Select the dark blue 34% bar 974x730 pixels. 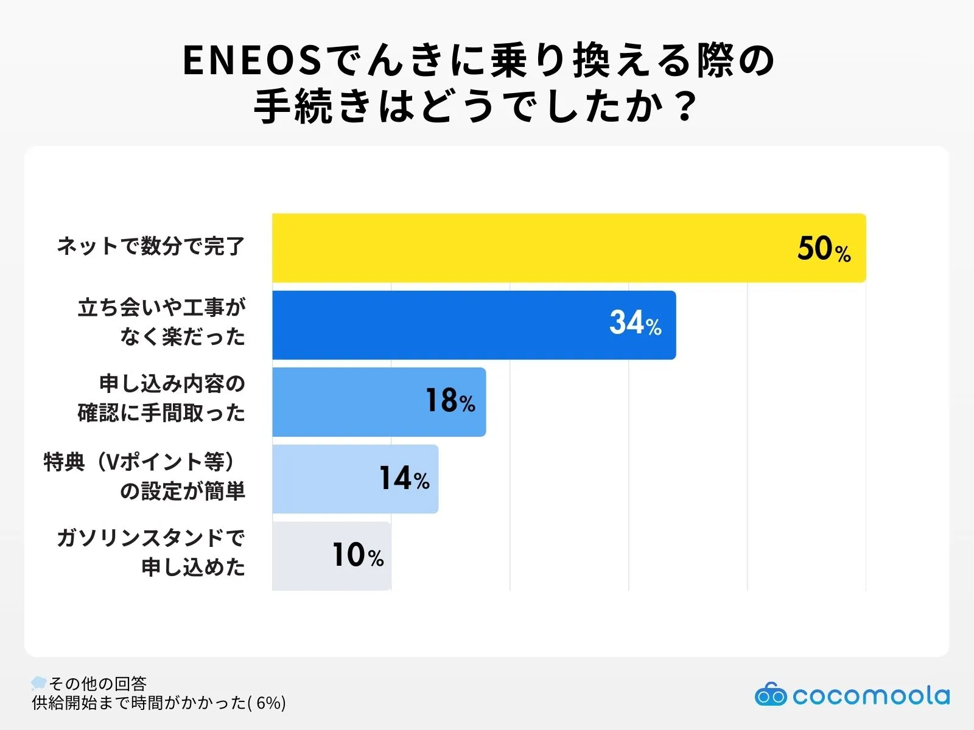coord(438,325)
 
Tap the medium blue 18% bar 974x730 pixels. coord(347,402)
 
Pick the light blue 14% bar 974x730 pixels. coord(323,479)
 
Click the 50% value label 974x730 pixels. coord(824,249)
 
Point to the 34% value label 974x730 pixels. coord(635,323)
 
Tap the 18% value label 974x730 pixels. coord(450,401)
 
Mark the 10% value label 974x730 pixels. coord(357,555)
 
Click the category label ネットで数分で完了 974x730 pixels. coord(150,246)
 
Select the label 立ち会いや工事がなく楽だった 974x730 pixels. coord(161,322)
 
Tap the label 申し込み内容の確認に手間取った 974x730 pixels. coord(161,398)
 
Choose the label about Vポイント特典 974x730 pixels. coord(144,476)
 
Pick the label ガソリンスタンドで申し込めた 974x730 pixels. coord(150,552)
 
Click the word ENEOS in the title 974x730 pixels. coord(252,61)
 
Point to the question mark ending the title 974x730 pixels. coord(686,107)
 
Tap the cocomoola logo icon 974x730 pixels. coord(770,695)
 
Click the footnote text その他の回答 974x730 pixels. coord(97,684)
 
